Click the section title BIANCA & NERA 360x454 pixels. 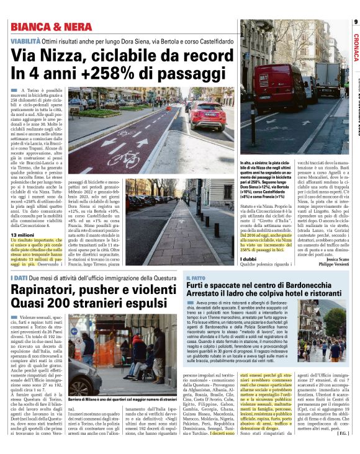45,27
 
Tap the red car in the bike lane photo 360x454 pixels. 208,116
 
